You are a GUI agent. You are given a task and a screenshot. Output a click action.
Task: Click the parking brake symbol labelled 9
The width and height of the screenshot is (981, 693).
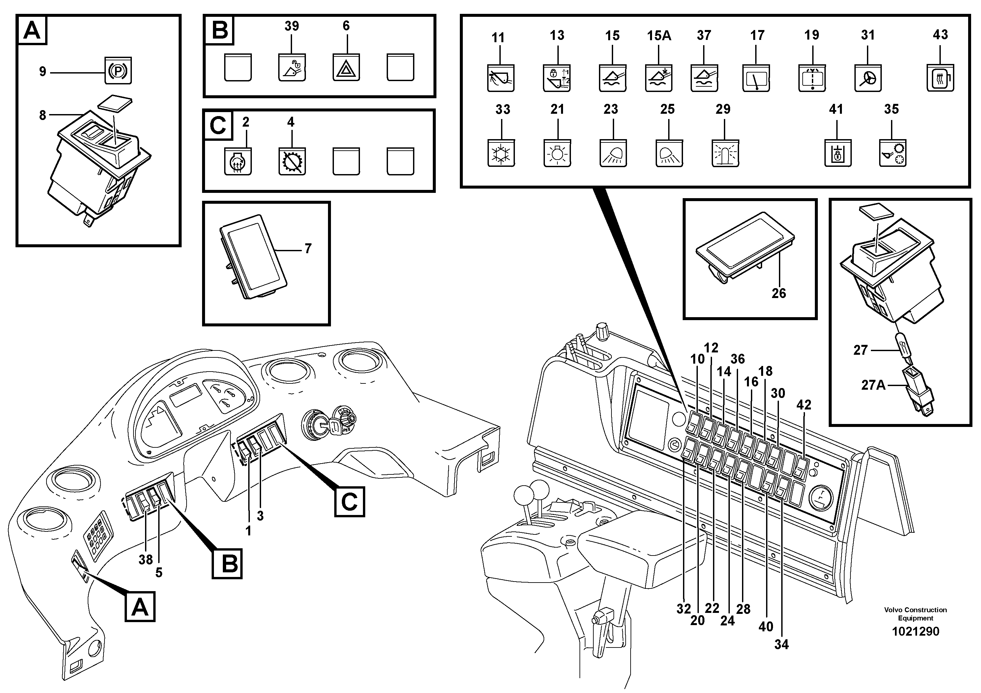[118, 71]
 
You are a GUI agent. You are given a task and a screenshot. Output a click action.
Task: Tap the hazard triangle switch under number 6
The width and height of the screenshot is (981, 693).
[346, 68]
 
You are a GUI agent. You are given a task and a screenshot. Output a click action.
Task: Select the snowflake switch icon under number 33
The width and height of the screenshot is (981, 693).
[501, 153]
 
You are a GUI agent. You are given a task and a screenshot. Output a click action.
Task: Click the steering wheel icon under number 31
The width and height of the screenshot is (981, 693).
[868, 78]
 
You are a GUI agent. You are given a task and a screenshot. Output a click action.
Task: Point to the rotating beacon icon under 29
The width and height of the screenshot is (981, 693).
[725, 153]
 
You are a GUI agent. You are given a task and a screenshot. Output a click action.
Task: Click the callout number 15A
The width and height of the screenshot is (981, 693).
[659, 36]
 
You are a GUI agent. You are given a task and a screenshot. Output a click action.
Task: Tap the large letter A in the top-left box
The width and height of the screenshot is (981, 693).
[32, 30]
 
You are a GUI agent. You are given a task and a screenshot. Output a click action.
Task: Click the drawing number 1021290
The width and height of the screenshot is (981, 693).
[915, 631]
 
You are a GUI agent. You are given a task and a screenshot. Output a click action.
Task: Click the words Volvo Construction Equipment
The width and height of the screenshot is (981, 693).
[915, 614]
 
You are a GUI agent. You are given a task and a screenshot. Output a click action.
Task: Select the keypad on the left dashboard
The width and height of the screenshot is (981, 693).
[98, 535]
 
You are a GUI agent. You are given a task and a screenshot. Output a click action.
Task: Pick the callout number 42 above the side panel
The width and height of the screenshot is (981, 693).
[804, 405]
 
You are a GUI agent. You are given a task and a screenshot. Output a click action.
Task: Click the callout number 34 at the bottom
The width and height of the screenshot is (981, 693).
[782, 644]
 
